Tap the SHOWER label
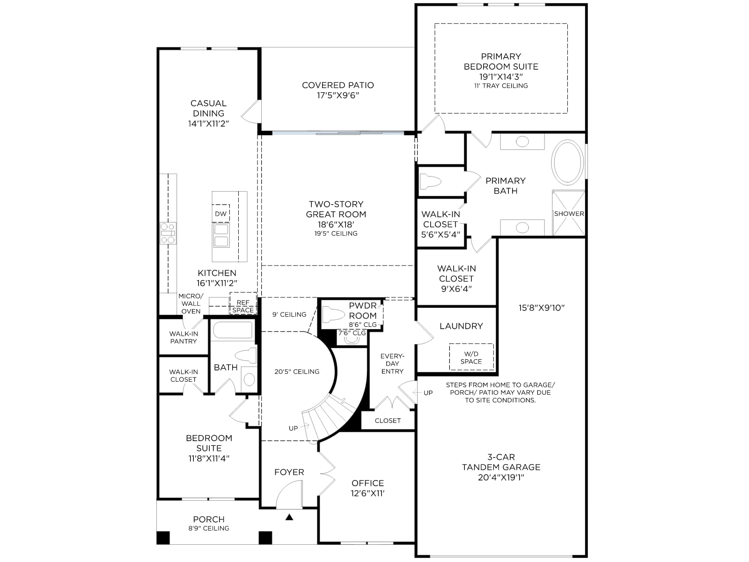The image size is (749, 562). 569,214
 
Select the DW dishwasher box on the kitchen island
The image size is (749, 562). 221,214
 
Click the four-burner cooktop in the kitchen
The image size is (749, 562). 168,233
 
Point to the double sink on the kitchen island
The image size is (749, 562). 221,236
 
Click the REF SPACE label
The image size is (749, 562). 243,306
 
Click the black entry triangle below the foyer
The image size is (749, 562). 289,517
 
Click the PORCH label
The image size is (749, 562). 209,519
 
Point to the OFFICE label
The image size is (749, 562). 368,483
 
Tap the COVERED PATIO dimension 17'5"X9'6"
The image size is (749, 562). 338,95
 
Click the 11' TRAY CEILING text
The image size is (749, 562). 501,86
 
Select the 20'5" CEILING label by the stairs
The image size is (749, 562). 297,371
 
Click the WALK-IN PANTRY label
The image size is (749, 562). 184,337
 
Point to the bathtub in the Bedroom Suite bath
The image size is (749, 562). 233,330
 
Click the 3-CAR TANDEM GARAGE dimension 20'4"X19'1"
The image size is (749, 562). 501,477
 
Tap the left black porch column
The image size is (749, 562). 163,538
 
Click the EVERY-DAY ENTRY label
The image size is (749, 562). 392,363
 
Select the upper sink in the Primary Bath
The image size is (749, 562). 522,141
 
